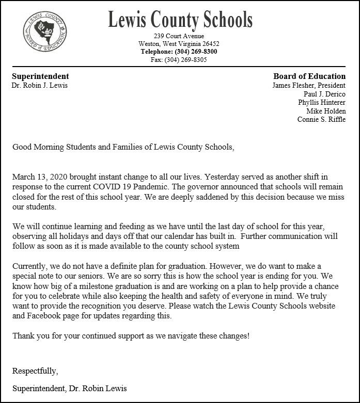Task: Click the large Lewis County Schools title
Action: tap(180, 20)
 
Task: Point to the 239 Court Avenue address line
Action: tap(179, 36)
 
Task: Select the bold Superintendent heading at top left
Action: tap(40, 76)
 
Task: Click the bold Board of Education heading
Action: tap(309, 76)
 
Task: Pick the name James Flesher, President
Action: tap(309, 85)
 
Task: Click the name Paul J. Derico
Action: tap(324, 94)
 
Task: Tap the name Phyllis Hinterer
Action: tap(322, 102)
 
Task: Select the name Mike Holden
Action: tap(326, 111)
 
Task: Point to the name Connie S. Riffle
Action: tap(321, 119)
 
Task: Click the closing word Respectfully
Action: tap(35, 371)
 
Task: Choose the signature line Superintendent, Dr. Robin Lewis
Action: tap(69, 388)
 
